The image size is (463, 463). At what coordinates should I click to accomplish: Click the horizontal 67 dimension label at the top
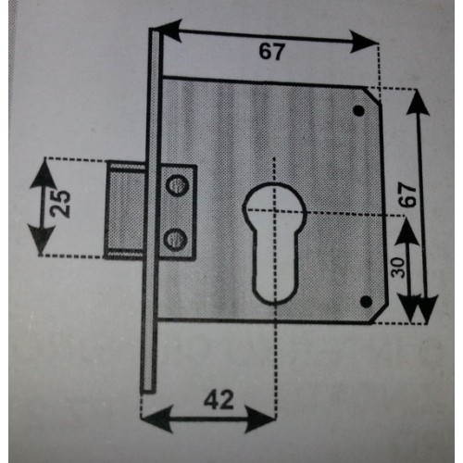[x=271, y=51]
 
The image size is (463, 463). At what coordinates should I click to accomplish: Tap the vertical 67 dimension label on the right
[x=407, y=194]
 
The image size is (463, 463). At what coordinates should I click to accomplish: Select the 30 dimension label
[x=398, y=268]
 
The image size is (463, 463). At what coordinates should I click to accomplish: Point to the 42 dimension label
[x=219, y=400]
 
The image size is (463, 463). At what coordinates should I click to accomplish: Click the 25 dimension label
[x=60, y=204]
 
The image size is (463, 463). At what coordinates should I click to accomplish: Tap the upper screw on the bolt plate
[x=178, y=186]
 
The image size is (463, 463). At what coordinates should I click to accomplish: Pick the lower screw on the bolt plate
[x=175, y=239]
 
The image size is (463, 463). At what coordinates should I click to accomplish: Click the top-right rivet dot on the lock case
[x=358, y=110]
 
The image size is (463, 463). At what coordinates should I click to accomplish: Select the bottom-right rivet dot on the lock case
[x=366, y=301]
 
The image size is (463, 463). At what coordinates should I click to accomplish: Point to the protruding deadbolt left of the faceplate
[x=125, y=211]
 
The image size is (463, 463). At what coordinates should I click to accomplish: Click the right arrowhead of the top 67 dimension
[x=364, y=42]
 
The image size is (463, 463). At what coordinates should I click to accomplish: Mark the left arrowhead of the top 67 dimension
[x=169, y=31]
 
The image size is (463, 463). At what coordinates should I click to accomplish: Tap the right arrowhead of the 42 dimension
[x=260, y=419]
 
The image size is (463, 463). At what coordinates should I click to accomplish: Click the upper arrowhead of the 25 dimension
[x=44, y=175]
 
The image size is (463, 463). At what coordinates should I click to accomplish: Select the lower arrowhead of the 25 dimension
[x=41, y=239]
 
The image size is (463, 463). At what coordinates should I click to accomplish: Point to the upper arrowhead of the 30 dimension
[x=407, y=231]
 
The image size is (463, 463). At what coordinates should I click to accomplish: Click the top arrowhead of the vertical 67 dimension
[x=418, y=103]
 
